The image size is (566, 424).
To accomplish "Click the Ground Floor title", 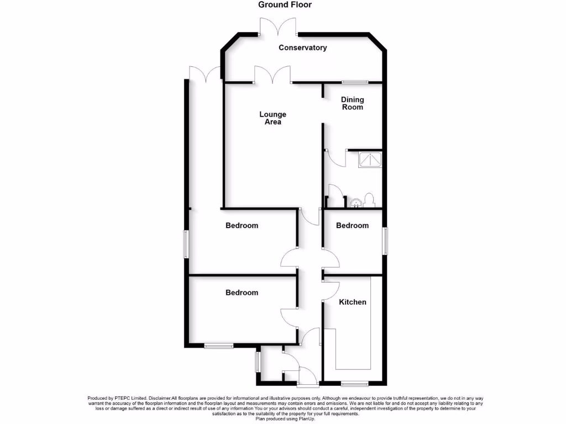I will pyautogui.click(x=285, y=5).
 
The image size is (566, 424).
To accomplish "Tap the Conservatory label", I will pyautogui.click(x=302, y=48).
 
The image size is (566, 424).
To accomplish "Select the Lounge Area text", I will pyautogui.click(x=273, y=118).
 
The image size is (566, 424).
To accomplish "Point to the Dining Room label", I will pyautogui.click(x=352, y=103).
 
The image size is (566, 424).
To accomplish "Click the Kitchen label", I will pyautogui.click(x=352, y=302).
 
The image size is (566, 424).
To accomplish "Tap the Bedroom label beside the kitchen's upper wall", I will pyautogui.click(x=352, y=225).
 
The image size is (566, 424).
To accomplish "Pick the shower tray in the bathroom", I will pyautogui.click(x=369, y=159).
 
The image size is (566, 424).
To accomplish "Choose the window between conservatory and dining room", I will pyautogui.click(x=354, y=82).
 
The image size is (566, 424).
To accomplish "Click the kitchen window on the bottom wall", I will pyautogui.click(x=354, y=383).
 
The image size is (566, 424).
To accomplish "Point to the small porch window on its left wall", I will pyautogui.click(x=257, y=362).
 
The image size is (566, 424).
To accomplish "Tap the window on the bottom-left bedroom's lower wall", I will pyautogui.click(x=218, y=346).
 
